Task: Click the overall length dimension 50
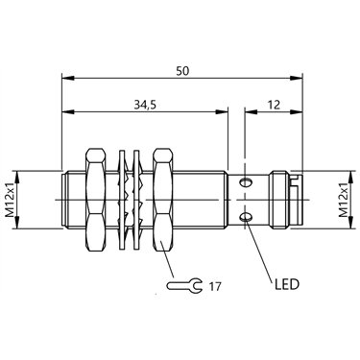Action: [x=183, y=71]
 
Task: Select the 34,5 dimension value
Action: [x=145, y=105]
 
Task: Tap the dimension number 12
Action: [x=274, y=105]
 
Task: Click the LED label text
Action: [x=287, y=284]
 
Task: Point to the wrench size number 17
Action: [x=215, y=286]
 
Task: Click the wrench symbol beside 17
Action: [x=184, y=285]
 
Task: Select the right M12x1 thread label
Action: [x=344, y=201]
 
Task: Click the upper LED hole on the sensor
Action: [x=246, y=182]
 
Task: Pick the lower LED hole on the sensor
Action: [x=246, y=218]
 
